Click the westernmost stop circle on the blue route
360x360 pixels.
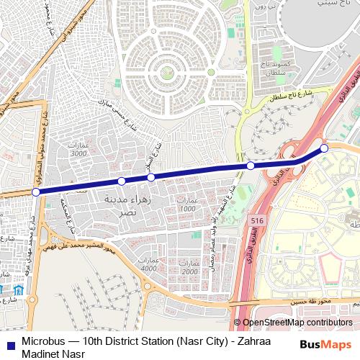36,192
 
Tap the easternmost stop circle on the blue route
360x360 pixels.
324,148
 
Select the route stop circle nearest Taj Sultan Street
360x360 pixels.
251,166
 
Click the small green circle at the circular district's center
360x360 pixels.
167,72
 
